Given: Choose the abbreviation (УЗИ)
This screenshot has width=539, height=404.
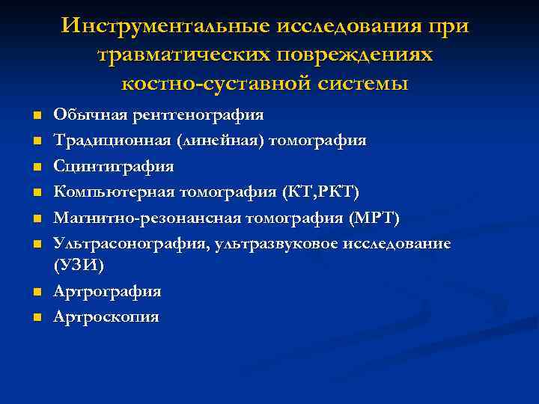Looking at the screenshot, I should click(79, 265).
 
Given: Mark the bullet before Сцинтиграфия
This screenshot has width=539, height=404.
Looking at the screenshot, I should click(36, 167).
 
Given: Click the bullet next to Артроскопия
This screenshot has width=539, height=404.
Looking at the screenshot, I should click(36, 317).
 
